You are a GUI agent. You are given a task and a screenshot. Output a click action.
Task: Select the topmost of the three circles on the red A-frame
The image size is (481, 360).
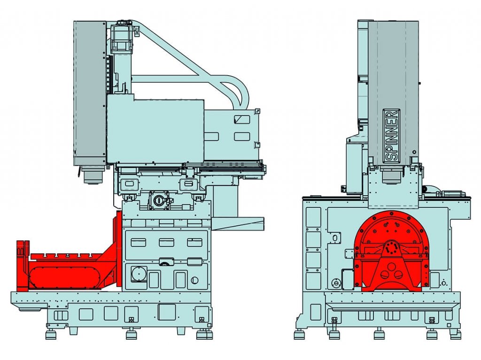(391, 266)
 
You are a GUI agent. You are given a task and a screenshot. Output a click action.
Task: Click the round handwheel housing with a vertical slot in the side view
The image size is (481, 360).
(159, 200)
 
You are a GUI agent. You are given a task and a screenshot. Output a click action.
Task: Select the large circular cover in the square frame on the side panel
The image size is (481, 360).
(139, 274)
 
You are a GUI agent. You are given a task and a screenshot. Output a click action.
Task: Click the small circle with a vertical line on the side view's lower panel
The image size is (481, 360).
(194, 280)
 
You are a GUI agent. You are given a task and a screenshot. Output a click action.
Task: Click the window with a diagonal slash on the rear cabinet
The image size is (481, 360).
(242, 119)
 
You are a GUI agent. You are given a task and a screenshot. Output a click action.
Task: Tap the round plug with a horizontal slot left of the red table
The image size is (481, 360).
(336, 283)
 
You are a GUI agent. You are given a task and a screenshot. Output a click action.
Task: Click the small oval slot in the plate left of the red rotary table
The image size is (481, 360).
(335, 237)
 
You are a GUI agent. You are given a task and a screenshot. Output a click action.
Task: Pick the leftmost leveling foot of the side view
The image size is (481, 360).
(51, 334)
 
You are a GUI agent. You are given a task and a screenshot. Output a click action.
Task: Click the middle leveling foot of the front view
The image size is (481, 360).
(380, 334)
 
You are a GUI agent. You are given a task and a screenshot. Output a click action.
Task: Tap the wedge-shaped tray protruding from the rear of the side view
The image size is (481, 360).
(237, 223)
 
